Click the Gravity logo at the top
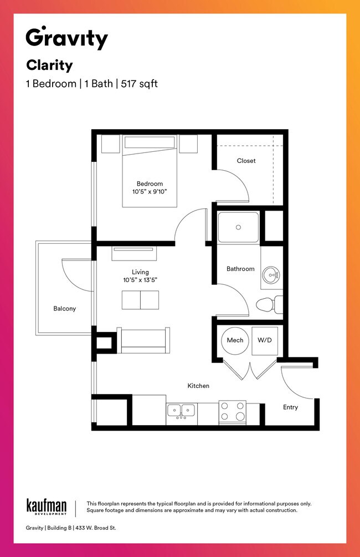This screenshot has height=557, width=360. [66, 38]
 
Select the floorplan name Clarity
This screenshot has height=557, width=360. [49, 65]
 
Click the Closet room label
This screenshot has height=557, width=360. [246, 161]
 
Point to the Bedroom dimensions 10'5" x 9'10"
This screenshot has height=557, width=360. [150, 191]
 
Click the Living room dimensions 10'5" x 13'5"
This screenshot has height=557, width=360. [140, 280]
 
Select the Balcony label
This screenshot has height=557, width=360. [64, 309]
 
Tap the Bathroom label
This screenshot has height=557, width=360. [240, 269]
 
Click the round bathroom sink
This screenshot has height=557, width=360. [271, 274]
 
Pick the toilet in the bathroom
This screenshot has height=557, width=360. [269, 305]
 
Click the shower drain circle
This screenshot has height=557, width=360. [238, 227]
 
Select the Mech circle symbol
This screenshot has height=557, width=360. [235, 340]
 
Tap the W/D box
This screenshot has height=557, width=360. [265, 340]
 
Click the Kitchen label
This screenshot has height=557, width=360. [198, 386]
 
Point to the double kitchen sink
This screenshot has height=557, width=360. [181, 411]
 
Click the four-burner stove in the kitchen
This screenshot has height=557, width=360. [232, 412]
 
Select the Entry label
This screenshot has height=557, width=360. [290, 407]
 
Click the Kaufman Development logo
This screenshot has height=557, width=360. [47, 507]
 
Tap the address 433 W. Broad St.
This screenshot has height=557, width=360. [95, 528]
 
